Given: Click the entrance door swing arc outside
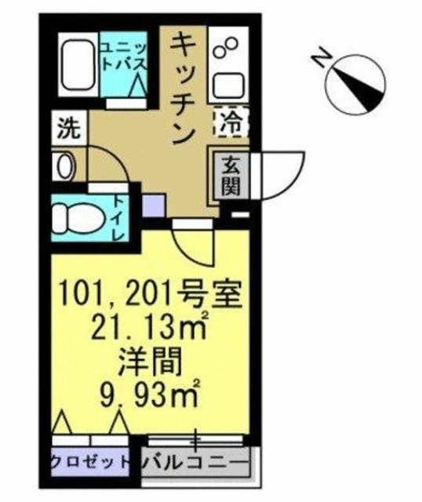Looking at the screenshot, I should click(278, 173).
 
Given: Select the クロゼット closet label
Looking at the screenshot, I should click(89, 462).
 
